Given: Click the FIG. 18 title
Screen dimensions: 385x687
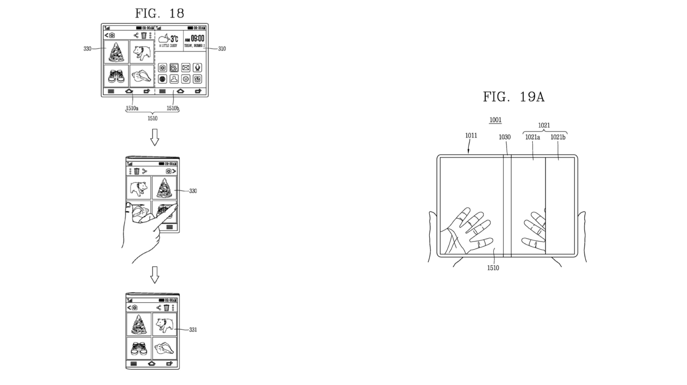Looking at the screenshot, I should pos(159,13).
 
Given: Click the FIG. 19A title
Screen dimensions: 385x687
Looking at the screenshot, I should pos(514,97).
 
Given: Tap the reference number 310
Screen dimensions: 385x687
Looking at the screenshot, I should pos(222,49).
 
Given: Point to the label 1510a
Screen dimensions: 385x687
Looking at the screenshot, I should pos(132,108).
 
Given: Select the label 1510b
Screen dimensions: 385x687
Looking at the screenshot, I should pos(173,108).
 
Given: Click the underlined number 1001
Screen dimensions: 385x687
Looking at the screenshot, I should pos(495,120).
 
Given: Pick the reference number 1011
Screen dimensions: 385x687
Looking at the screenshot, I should pos(471,135).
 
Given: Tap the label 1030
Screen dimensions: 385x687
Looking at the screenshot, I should pos(504,137).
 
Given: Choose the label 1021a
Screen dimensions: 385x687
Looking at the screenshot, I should pos(532,137).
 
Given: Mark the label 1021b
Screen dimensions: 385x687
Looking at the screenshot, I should pos(558,137).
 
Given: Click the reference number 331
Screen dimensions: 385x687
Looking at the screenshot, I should pos(193,330).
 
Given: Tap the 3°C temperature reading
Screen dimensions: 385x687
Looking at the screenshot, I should pos(174,39).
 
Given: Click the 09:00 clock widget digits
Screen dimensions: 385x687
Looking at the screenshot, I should pos(197,38).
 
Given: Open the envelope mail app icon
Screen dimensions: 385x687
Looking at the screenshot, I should pos(186,68).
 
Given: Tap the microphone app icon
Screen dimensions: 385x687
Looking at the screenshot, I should pos(197,68).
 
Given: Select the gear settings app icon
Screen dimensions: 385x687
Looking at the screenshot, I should pos(186,79).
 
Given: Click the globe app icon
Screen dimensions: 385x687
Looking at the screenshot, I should pos(162,79).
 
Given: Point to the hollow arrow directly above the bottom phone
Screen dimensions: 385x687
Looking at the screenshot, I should pos(155,275).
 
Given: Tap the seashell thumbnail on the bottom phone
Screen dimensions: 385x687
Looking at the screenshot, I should pos(164,349).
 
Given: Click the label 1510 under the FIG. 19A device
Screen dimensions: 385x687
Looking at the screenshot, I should pos(493,268).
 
